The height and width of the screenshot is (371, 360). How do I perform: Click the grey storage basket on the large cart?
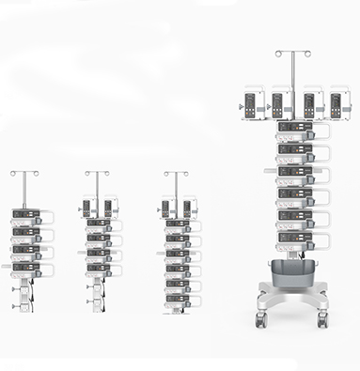click(x=291, y=273)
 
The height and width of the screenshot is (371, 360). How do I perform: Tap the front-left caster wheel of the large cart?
click(x=260, y=320)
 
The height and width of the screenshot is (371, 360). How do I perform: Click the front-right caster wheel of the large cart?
click(x=322, y=320)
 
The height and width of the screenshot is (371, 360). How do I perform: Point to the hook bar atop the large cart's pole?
click(x=292, y=53)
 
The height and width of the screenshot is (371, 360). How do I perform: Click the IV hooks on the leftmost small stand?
click(x=24, y=174)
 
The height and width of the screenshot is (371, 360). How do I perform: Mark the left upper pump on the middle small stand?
click(x=87, y=207)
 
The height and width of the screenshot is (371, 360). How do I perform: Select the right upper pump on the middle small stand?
click(x=108, y=207)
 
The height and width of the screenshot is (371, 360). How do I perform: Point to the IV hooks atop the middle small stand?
click(x=97, y=173)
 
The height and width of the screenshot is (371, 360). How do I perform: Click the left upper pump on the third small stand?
click(x=166, y=207)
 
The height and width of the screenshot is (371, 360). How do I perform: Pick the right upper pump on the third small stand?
click(x=187, y=207)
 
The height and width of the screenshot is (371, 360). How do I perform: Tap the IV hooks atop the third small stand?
click(x=176, y=173)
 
